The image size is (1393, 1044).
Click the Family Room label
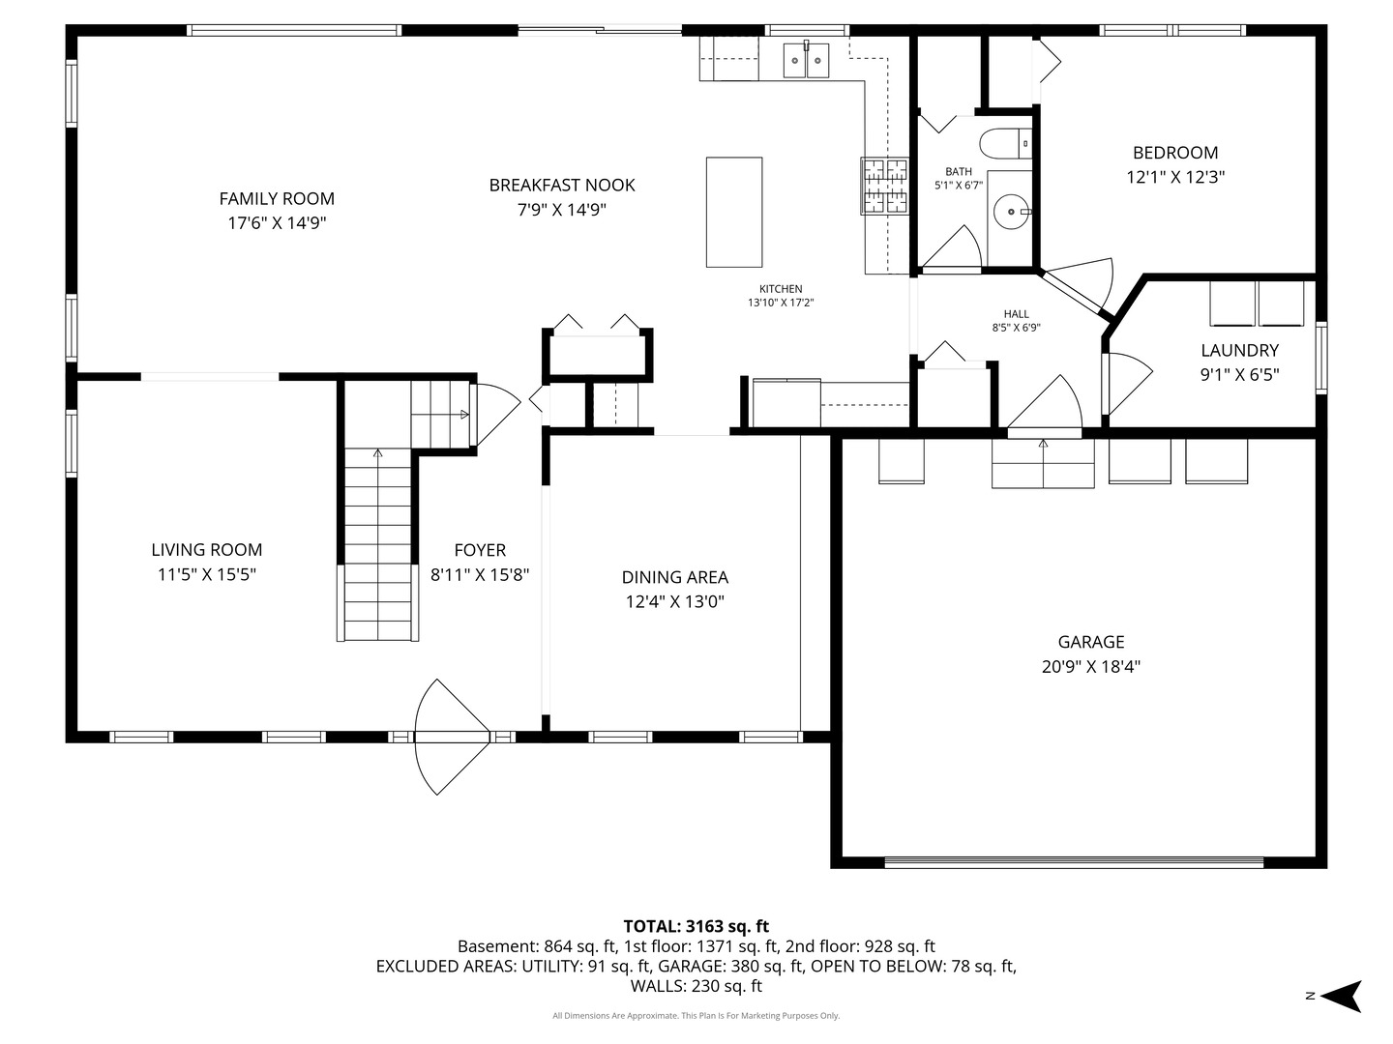point(277,199)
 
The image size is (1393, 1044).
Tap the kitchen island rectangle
point(733,213)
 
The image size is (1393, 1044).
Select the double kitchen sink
point(806,60)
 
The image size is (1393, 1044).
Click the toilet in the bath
point(1005,144)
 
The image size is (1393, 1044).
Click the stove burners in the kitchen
point(884,185)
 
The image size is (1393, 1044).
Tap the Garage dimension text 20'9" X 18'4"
point(1091,667)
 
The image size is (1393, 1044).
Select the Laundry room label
point(1239,351)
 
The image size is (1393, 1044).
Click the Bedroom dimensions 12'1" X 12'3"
point(1175,177)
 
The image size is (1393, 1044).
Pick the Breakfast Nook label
point(562,185)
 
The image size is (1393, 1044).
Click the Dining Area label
point(674,577)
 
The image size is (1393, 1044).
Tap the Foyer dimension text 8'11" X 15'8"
point(480,575)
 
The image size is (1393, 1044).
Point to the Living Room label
point(206,550)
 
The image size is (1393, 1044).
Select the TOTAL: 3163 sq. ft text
point(696,926)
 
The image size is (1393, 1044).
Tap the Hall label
point(1016,314)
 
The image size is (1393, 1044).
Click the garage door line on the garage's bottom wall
point(1074,862)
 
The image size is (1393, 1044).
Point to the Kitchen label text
point(781,289)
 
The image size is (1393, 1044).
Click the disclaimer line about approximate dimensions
point(696,1015)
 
